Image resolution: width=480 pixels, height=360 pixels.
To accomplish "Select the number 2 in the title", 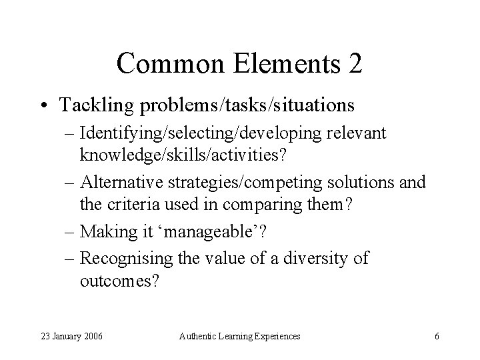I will pyautogui.click(x=355, y=63).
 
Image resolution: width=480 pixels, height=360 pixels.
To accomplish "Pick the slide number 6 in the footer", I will pyautogui.click(x=436, y=337).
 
